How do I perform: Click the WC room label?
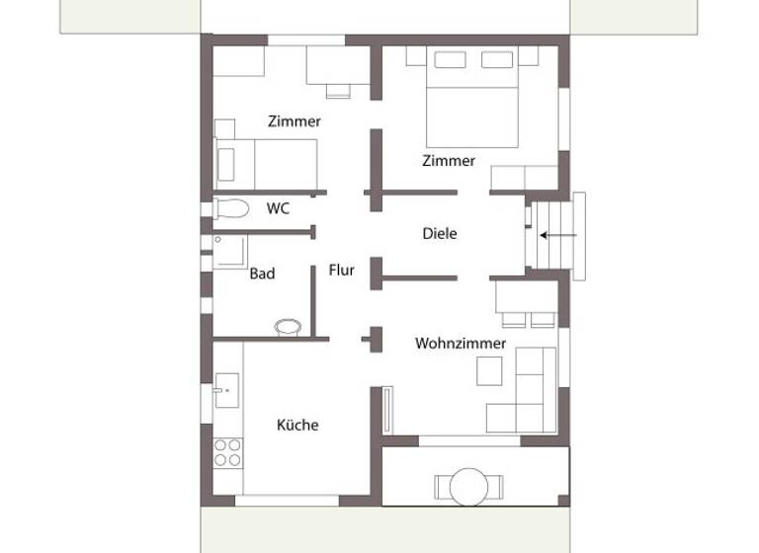pyautogui.click(x=278, y=209)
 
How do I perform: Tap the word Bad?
pyautogui.click(x=262, y=274)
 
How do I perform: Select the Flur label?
pyautogui.click(x=341, y=269)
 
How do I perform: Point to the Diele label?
pyautogui.click(x=439, y=234)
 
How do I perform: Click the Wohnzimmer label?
pyautogui.click(x=461, y=344)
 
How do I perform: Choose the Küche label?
pyautogui.click(x=297, y=425)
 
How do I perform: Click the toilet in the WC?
pyautogui.click(x=232, y=208)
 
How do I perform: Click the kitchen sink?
pyautogui.click(x=226, y=390)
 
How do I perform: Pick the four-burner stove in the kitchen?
pyautogui.click(x=228, y=452)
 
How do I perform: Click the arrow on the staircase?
pyautogui.click(x=558, y=235)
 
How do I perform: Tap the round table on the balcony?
pyautogui.click(x=467, y=486)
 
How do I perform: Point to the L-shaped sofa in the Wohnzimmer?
pyautogui.click(x=528, y=395)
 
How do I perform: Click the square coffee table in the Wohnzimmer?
pyautogui.click(x=490, y=370)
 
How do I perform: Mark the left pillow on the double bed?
pyautogui.click(x=450, y=59)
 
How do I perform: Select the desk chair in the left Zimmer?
pyautogui.click(x=339, y=91)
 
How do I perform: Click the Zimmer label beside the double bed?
pyautogui.click(x=449, y=161)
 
